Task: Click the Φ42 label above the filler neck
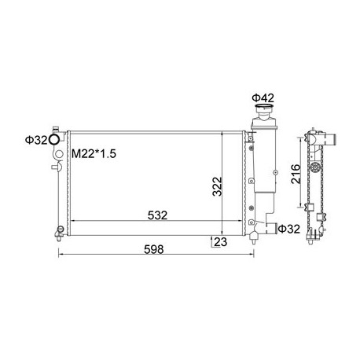[263, 98]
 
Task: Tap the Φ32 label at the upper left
[36, 140]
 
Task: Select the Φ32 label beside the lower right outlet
[288, 229]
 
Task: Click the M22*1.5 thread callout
[94, 154]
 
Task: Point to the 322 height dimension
[217, 186]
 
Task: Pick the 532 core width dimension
[157, 215]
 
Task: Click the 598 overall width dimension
[154, 249]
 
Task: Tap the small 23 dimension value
[221, 242]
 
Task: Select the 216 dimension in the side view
[296, 174]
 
